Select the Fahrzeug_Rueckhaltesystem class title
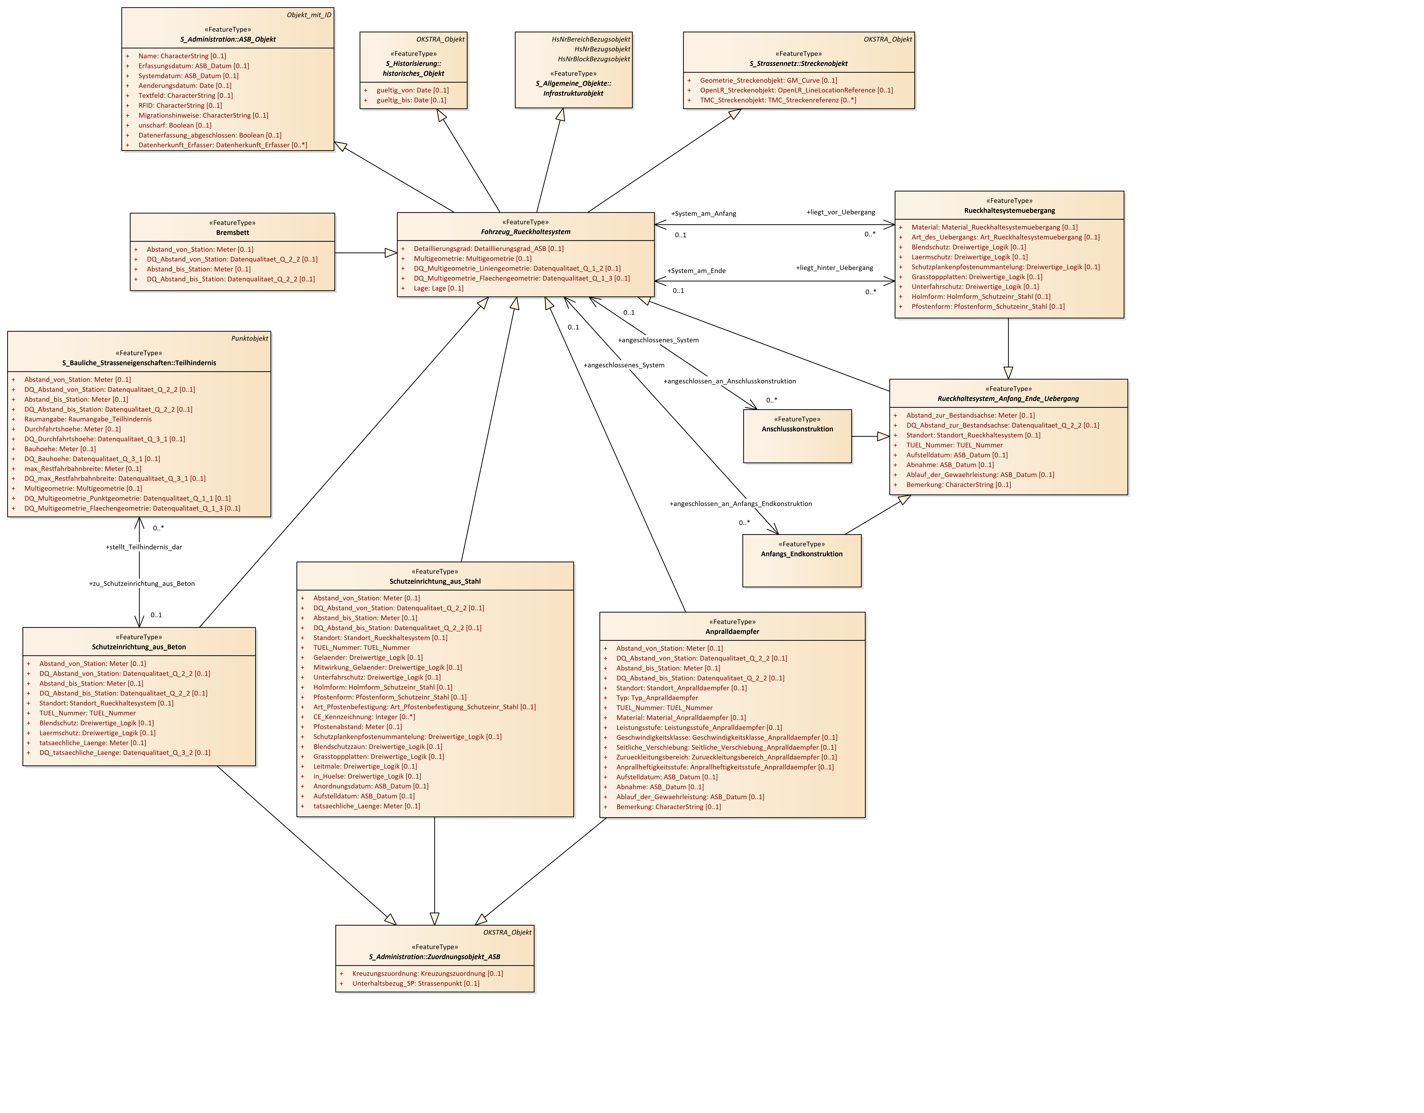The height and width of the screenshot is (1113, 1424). coord(525,232)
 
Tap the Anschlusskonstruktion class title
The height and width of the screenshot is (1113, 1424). coord(797,429)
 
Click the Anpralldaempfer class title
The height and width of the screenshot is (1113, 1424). coord(732,632)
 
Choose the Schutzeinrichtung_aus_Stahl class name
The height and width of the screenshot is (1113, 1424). coord(435,581)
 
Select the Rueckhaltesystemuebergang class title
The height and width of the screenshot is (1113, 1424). coord(1009,211)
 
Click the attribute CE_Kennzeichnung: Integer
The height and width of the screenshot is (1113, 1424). coord(364,717)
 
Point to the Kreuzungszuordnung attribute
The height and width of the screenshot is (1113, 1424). coord(427,973)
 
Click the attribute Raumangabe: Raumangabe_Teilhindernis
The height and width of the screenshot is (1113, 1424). coord(87,420)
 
